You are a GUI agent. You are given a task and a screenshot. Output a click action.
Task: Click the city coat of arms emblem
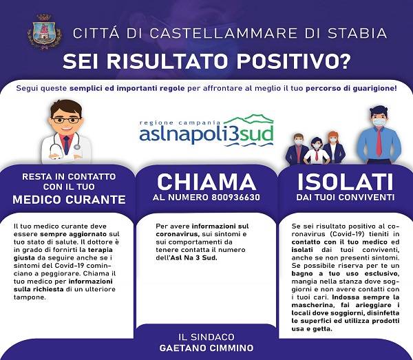pos(44,32)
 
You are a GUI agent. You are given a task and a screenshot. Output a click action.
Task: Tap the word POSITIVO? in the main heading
pos(294,62)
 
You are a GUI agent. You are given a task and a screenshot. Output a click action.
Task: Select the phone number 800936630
pos(235,198)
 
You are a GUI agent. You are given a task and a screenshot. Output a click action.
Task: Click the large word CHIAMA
pos(206,182)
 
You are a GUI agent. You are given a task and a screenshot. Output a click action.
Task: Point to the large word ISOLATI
pos(346,182)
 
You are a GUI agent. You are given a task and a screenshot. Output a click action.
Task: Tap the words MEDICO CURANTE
pos(69,200)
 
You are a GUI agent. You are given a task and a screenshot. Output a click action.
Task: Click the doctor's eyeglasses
pos(66,120)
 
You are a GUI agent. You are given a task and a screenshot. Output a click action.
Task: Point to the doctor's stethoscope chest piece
pos(76,147)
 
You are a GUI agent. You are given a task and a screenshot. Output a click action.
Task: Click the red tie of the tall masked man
pos(379,141)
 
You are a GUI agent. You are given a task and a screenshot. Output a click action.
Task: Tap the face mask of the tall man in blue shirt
pos(379,122)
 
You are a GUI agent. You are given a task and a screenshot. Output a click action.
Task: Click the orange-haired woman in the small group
pos(332,147)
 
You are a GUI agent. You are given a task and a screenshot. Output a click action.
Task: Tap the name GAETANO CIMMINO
pos(206,348)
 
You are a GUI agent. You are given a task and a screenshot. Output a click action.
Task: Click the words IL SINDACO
pos(206,337)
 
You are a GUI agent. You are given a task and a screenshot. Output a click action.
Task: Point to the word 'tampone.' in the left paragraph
pos(30,297)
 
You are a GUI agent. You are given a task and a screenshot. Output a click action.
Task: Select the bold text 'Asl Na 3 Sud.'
pos(194,257)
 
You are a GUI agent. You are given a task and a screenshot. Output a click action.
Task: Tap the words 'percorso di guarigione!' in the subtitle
pos(351,89)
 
